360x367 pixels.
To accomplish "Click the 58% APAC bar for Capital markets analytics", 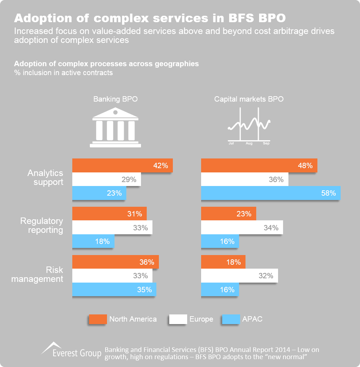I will pyautogui.click(x=270, y=193).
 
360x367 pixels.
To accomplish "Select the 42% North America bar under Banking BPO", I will pyautogui.click(x=122, y=166).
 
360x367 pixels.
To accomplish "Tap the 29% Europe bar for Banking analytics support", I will pyautogui.click(x=106, y=180).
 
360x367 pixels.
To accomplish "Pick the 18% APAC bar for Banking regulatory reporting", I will pyautogui.click(x=93, y=241).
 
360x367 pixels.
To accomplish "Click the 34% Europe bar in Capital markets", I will pyautogui.click(x=242, y=228).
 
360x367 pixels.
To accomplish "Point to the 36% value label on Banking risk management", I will pyautogui.click(x=147, y=262).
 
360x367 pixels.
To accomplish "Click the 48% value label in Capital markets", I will pyautogui.click(x=305, y=166).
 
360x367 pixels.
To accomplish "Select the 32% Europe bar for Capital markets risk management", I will pyautogui.click(x=239, y=276).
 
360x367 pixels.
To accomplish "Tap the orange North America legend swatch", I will pyautogui.click(x=98, y=319).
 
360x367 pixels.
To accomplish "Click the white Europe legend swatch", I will pyautogui.click(x=178, y=319).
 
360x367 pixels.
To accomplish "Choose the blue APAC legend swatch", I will pyautogui.click(x=231, y=319).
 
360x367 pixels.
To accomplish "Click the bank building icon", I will pyautogui.click(x=115, y=128).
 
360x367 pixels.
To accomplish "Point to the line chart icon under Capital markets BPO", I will pyautogui.click(x=249, y=125).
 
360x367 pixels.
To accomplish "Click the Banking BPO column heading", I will pyautogui.click(x=115, y=99).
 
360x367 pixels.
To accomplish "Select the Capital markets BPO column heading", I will pyautogui.click(x=249, y=99).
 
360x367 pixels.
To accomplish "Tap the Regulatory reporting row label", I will pyautogui.click(x=42, y=225).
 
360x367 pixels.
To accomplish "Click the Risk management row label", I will pyautogui.click(x=37, y=274).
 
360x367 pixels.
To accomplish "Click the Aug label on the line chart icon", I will pyautogui.click(x=249, y=143).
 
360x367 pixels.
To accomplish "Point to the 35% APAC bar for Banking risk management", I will pyautogui.click(x=114, y=289).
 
